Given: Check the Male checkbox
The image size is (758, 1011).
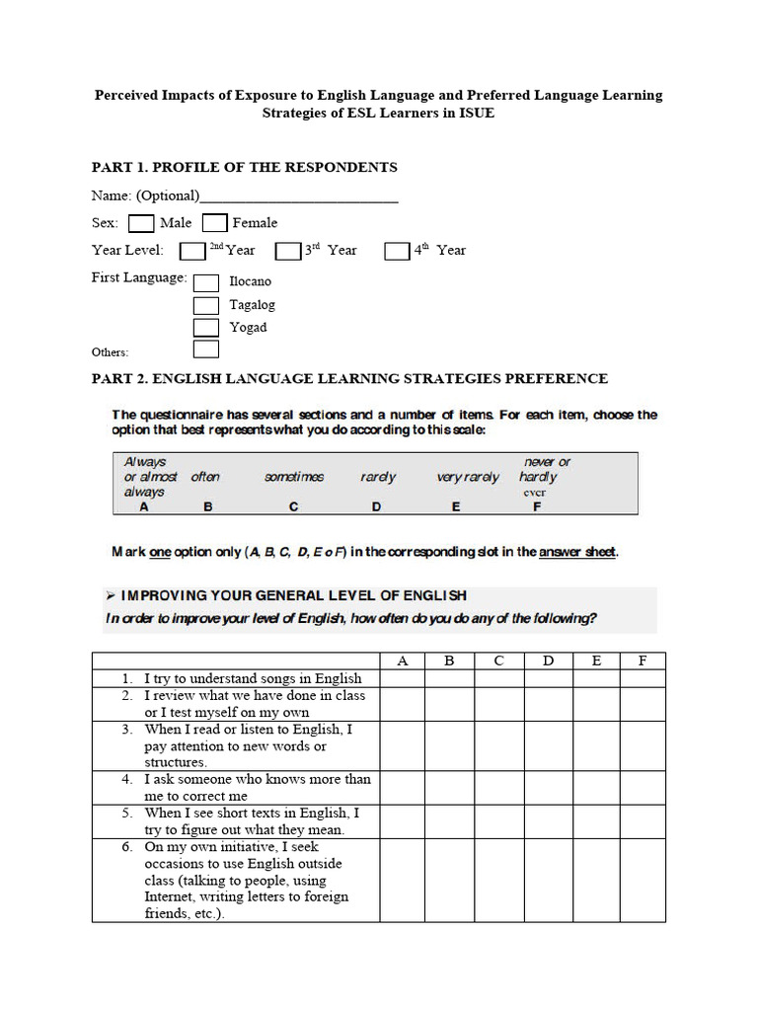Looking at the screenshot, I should click(x=141, y=223).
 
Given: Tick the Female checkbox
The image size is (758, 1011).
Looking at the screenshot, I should click(x=215, y=223).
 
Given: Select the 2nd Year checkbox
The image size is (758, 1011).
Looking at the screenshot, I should click(x=192, y=251).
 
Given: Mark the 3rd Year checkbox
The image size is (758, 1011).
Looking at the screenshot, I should click(x=287, y=251).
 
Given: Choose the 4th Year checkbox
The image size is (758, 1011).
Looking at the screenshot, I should click(x=397, y=251).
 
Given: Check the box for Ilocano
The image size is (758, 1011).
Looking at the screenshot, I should click(x=206, y=282).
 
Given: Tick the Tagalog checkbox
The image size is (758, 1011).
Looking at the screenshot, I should click(x=206, y=305).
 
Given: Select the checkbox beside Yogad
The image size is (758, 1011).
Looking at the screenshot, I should click(x=206, y=328).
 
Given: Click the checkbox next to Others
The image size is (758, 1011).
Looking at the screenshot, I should click(x=206, y=350).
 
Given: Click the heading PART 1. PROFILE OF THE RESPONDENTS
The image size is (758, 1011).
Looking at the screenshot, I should click(x=245, y=167).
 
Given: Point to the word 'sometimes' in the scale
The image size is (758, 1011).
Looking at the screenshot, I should click(x=294, y=477).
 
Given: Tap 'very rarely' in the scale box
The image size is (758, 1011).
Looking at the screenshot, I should click(x=468, y=477).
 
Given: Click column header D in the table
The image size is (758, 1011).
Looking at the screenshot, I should click(x=548, y=661).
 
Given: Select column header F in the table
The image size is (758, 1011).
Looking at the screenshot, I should click(x=643, y=661).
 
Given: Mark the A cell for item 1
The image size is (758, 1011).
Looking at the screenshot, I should click(x=402, y=678).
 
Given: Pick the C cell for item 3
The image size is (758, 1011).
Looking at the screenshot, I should click(x=498, y=745).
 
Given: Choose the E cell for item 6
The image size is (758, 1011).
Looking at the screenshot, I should click(x=596, y=880).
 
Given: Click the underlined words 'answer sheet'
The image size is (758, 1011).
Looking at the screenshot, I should click(x=577, y=552).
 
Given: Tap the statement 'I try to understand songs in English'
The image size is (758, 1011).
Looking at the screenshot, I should click(x=253, y=678).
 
